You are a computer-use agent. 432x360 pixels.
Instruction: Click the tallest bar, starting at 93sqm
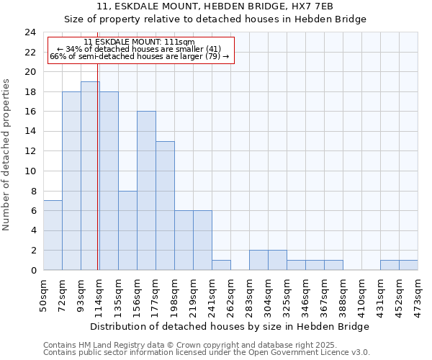90,176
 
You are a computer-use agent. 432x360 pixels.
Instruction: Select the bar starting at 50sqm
53,235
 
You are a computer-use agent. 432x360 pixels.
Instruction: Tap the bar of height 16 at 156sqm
146,191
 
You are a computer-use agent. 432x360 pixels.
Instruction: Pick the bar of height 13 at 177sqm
165,206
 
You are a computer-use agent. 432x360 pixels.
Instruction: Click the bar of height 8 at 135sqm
127,230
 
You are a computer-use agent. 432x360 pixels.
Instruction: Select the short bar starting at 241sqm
221,265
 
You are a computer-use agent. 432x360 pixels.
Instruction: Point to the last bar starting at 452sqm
408,265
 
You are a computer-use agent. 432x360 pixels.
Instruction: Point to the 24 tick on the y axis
30,32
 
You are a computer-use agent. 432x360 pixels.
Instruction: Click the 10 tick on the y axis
30,171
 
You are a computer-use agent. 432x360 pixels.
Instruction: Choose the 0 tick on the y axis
32,271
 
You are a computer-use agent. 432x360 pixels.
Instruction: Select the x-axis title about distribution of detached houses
230,326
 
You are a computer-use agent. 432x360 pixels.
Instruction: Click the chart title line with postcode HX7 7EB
215,6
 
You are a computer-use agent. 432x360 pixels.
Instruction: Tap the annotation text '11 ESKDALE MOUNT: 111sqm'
139,42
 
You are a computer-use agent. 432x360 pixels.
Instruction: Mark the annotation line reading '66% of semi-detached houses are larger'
139,56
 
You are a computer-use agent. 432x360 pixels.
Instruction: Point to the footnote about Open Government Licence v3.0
206,353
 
